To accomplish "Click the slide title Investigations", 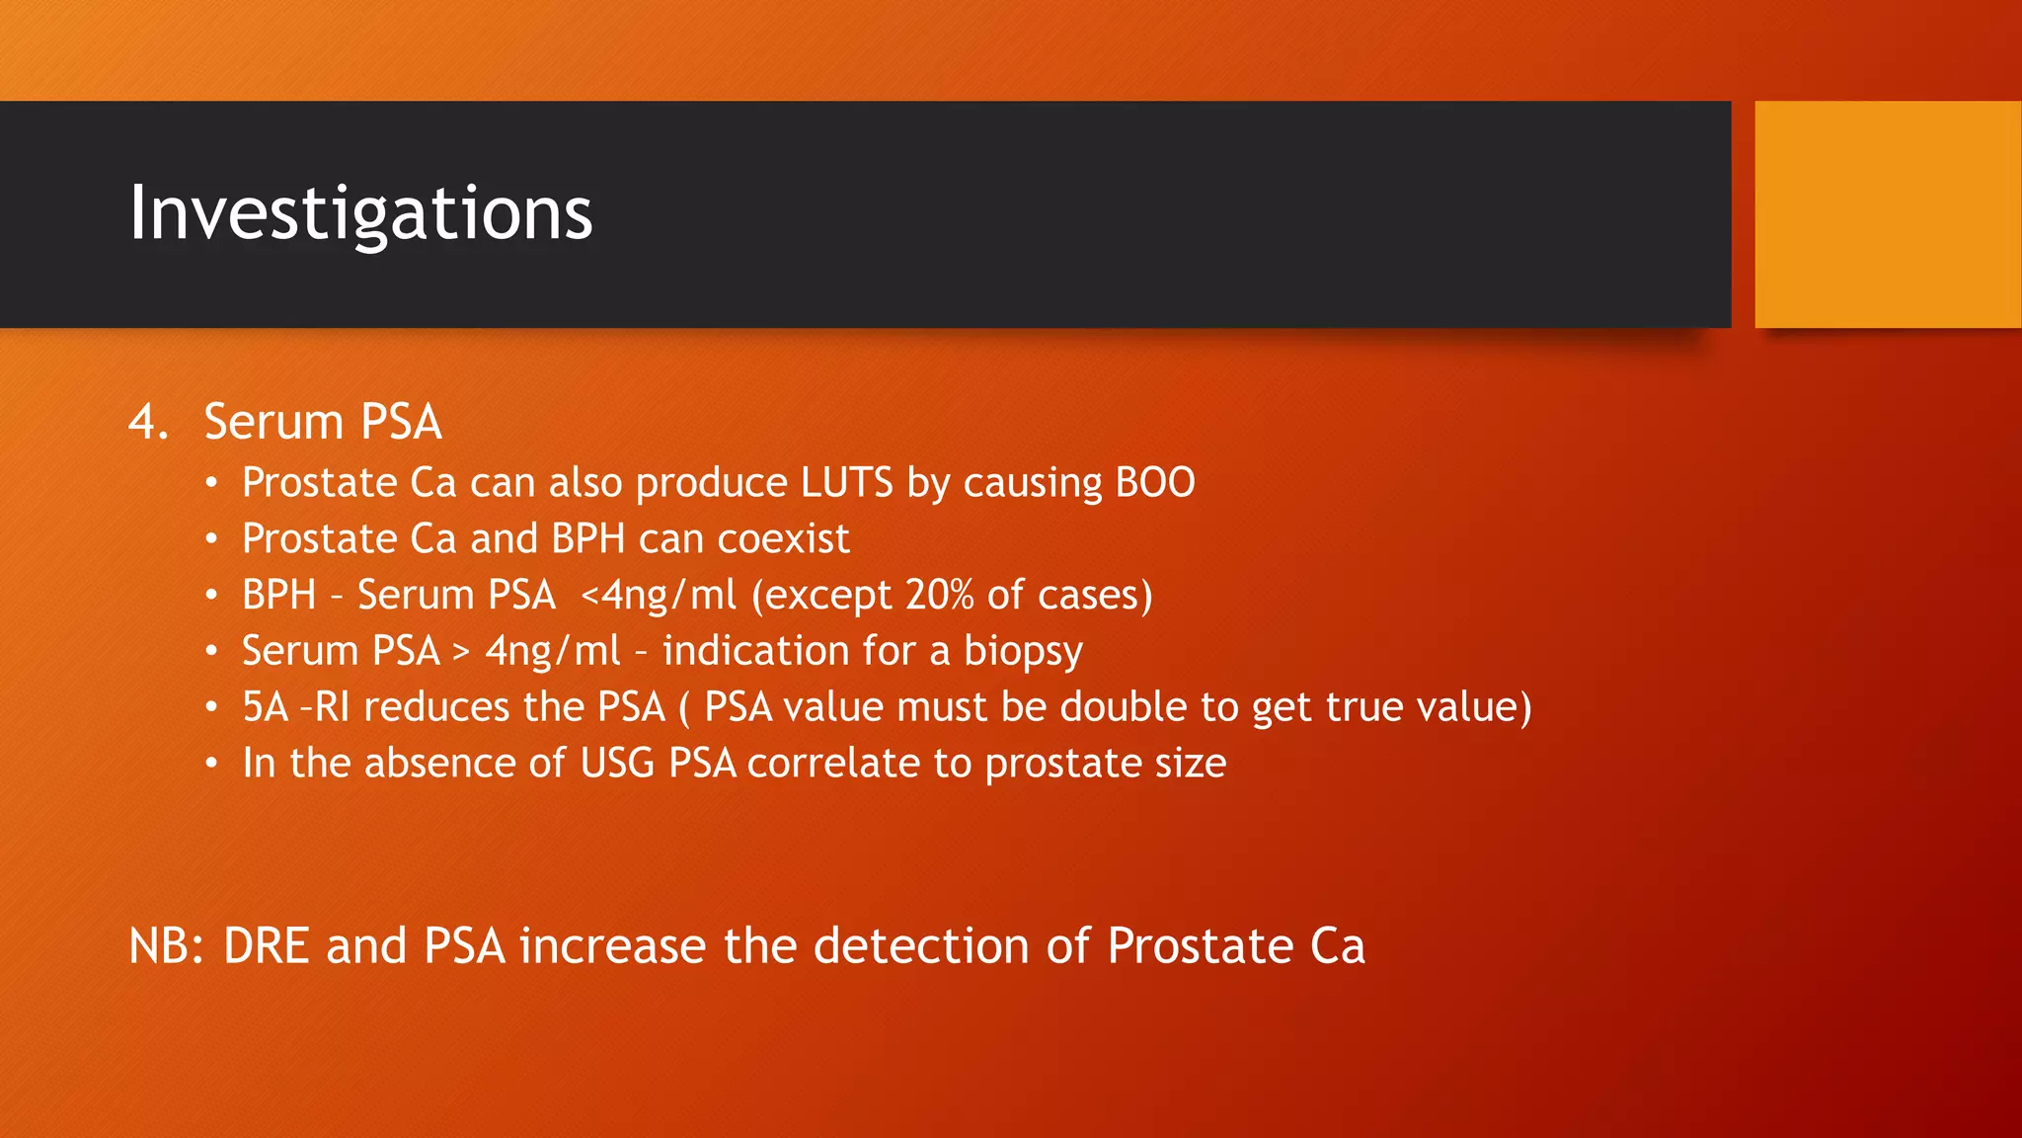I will (x=360, y=212).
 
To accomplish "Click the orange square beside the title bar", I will (x=1887, y=214).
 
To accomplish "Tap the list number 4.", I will (x=148, y=422).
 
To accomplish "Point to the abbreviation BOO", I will (x=1154, y=483).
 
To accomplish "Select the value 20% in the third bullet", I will (x=939, y=595).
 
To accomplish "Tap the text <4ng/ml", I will (x=659, y=595).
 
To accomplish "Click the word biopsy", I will (x=1023, y=652).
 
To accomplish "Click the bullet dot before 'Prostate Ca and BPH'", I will (x=211, y=539).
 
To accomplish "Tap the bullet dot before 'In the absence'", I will (x=211, y=764).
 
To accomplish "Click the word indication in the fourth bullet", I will (x=755, y=651).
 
